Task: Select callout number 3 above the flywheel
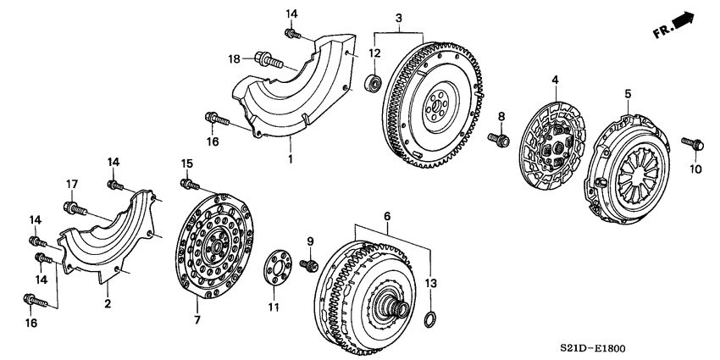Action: click(398, 18)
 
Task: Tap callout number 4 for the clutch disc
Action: click(555, 80)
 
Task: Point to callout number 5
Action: click(628, 93)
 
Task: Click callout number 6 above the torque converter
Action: click(386, 217)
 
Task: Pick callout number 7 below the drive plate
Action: click(196, 320)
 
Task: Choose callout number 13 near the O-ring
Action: click(431, 284)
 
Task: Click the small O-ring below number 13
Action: click(430, 318)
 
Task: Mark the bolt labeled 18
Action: click(265, 59)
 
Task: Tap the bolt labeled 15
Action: click(190, 183)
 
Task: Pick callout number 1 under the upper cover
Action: click(289, 158)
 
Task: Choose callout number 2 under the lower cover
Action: click(108, 303)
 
